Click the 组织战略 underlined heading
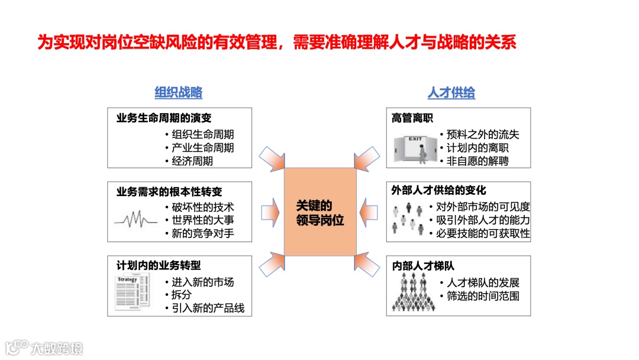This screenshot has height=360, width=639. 179,93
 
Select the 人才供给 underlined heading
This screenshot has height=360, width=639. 451,93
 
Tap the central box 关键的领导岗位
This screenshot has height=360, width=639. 320,213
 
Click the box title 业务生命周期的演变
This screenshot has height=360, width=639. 164,118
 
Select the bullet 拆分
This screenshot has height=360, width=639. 181,295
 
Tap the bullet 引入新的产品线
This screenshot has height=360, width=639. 208,308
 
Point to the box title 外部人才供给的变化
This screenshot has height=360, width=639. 438,191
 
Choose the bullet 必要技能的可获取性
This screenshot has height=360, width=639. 483,233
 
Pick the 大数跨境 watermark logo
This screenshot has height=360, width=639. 44,348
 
